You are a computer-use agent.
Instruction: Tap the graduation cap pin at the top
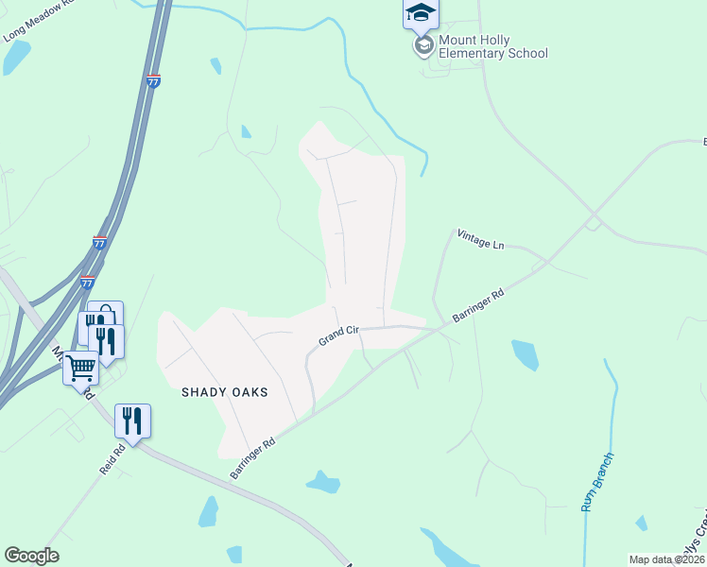(421, 12)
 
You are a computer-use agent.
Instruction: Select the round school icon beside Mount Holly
(422, 45)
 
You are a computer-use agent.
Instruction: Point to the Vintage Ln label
(480, 239)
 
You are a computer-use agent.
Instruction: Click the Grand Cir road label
(337, 335)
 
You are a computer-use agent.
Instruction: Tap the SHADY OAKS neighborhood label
(225, 392)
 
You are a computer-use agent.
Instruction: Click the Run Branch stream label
(597, 483)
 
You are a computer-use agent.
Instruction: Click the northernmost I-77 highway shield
(154, 81)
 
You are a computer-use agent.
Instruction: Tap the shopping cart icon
(80, 366)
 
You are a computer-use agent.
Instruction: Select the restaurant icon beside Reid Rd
(132, 421)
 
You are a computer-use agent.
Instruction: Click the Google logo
(31, 556)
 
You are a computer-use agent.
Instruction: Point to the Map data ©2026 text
(666, 559)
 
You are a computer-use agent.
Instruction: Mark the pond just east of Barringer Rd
(525, 354)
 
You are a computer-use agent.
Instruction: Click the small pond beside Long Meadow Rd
(16, 59)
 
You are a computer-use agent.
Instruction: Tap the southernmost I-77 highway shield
(87, 282)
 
